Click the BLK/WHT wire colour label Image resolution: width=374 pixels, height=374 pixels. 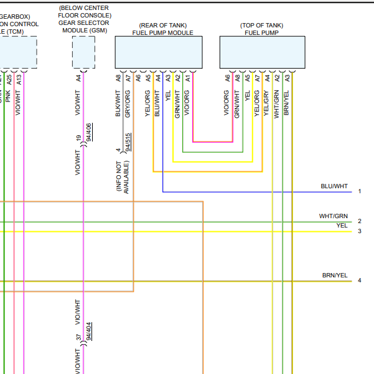pos(118,103)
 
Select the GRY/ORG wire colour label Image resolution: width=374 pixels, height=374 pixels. pos(128,104)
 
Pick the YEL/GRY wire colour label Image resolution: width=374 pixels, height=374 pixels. pos(267,104)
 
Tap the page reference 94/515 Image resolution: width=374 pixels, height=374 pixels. pos(128,143)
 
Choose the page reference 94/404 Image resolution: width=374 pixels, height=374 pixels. pos(89,331)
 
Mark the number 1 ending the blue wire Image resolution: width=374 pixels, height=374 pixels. pos(360,191)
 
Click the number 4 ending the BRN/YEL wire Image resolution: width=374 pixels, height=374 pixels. pos(360,280)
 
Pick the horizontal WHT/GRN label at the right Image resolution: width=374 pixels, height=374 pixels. pos(334,216)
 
